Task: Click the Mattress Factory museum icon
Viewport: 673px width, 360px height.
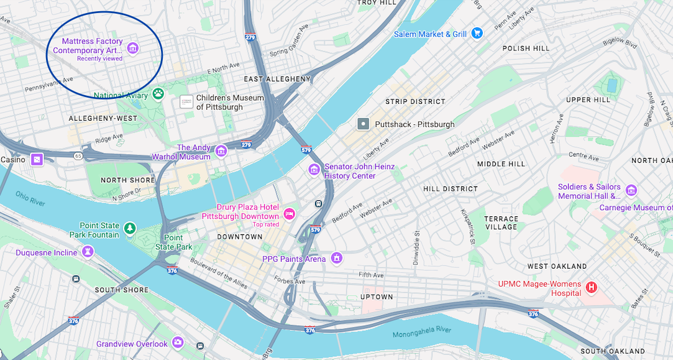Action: point(132,48)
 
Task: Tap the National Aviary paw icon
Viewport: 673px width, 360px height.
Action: point(158,94)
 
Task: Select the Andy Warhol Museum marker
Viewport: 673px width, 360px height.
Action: point(221,151)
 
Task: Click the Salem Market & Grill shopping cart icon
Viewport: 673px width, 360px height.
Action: point(477,34)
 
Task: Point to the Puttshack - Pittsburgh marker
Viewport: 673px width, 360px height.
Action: point(364,124)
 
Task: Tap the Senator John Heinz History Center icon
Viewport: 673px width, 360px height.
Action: point(314,169)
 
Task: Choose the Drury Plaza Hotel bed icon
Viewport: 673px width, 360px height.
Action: point(289,214)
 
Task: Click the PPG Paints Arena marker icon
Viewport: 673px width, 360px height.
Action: point(337,257)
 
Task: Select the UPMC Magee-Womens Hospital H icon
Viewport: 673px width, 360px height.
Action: point(592,287)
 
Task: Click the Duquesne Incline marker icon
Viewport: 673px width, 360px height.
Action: point(88,252)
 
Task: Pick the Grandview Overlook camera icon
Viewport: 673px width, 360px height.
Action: point(178,342)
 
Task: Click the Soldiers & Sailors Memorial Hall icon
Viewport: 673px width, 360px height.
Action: point(631,190)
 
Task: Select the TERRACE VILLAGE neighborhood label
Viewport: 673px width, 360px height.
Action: point(501,223)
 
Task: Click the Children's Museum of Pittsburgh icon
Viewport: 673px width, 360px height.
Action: point(186,101)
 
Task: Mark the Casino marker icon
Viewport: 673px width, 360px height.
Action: point(37,160)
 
